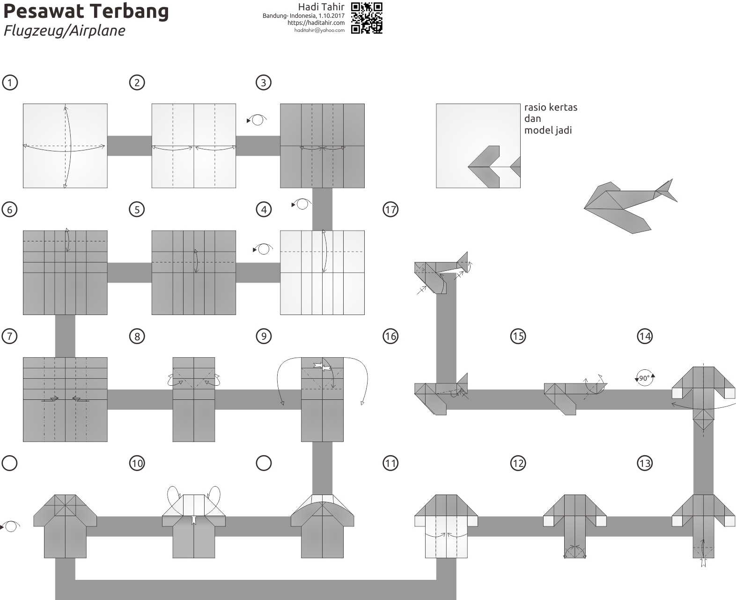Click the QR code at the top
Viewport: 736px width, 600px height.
point(367,18)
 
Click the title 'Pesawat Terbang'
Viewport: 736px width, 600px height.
point(86,11)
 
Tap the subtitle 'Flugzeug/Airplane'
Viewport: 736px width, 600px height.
point(65,30)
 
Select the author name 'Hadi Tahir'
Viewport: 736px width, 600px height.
point(321,7)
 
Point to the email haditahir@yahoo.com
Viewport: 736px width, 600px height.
point(319,30)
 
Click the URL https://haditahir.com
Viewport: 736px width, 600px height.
point(316,22)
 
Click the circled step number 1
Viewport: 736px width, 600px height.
point(10,82)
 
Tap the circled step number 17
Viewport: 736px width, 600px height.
point(390,209)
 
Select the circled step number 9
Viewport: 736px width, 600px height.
point(264,336)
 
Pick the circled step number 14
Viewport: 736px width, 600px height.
point(645,336)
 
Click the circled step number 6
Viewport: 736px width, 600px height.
point(10,209)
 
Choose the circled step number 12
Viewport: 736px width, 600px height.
point(518,463)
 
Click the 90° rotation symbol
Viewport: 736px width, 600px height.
point(645,378)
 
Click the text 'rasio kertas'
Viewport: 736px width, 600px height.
point(551,107)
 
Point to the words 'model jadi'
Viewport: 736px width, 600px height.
point(548,130)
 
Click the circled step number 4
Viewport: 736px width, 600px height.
point(264,209)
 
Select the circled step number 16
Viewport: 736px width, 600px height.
point(390,336)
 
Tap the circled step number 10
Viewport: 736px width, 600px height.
point(137,463)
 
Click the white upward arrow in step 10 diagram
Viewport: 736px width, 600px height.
point(194,519)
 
